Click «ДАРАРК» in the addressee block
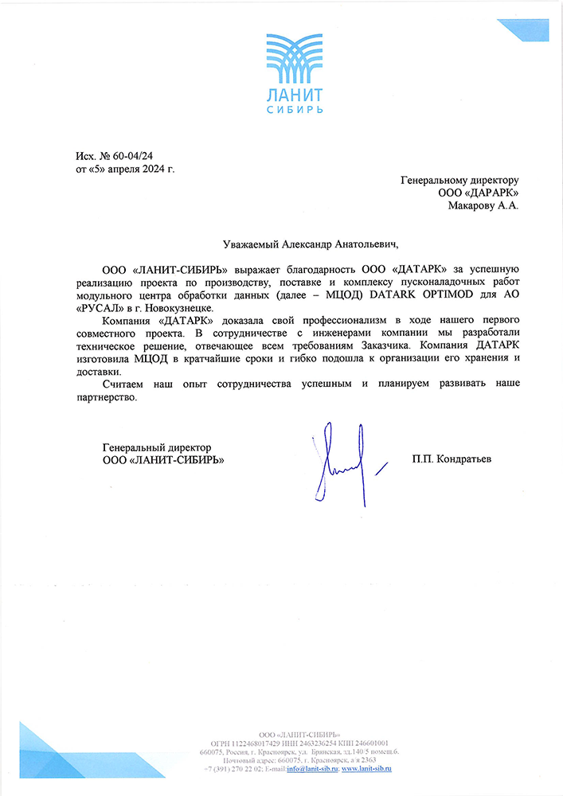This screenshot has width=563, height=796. click(x=492, y=193)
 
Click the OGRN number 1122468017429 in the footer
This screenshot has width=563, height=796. click(x=241, y=742)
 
